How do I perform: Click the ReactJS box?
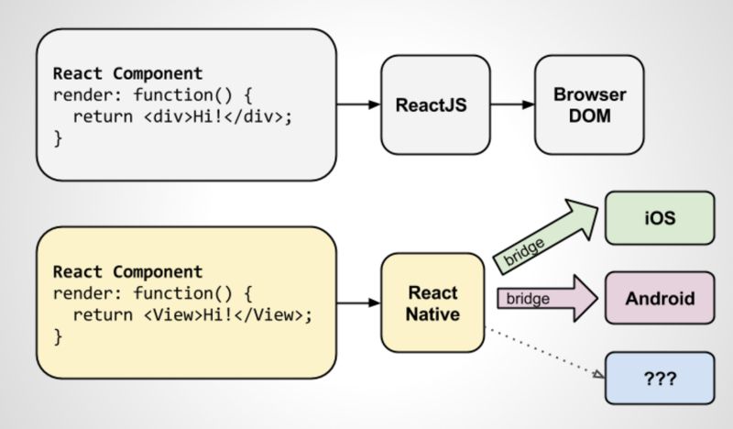click(432, 104)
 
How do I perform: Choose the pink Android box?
click(659, 298)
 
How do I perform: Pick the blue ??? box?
click(659, 377)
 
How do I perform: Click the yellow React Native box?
click(432, 303)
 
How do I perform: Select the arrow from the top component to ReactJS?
click(358, 104)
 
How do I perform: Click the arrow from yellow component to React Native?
click(358, 302)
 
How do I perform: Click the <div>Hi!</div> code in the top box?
click(194, 116)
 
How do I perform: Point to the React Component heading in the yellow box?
click(127, 272)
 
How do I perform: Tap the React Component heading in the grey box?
click(127, 73)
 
